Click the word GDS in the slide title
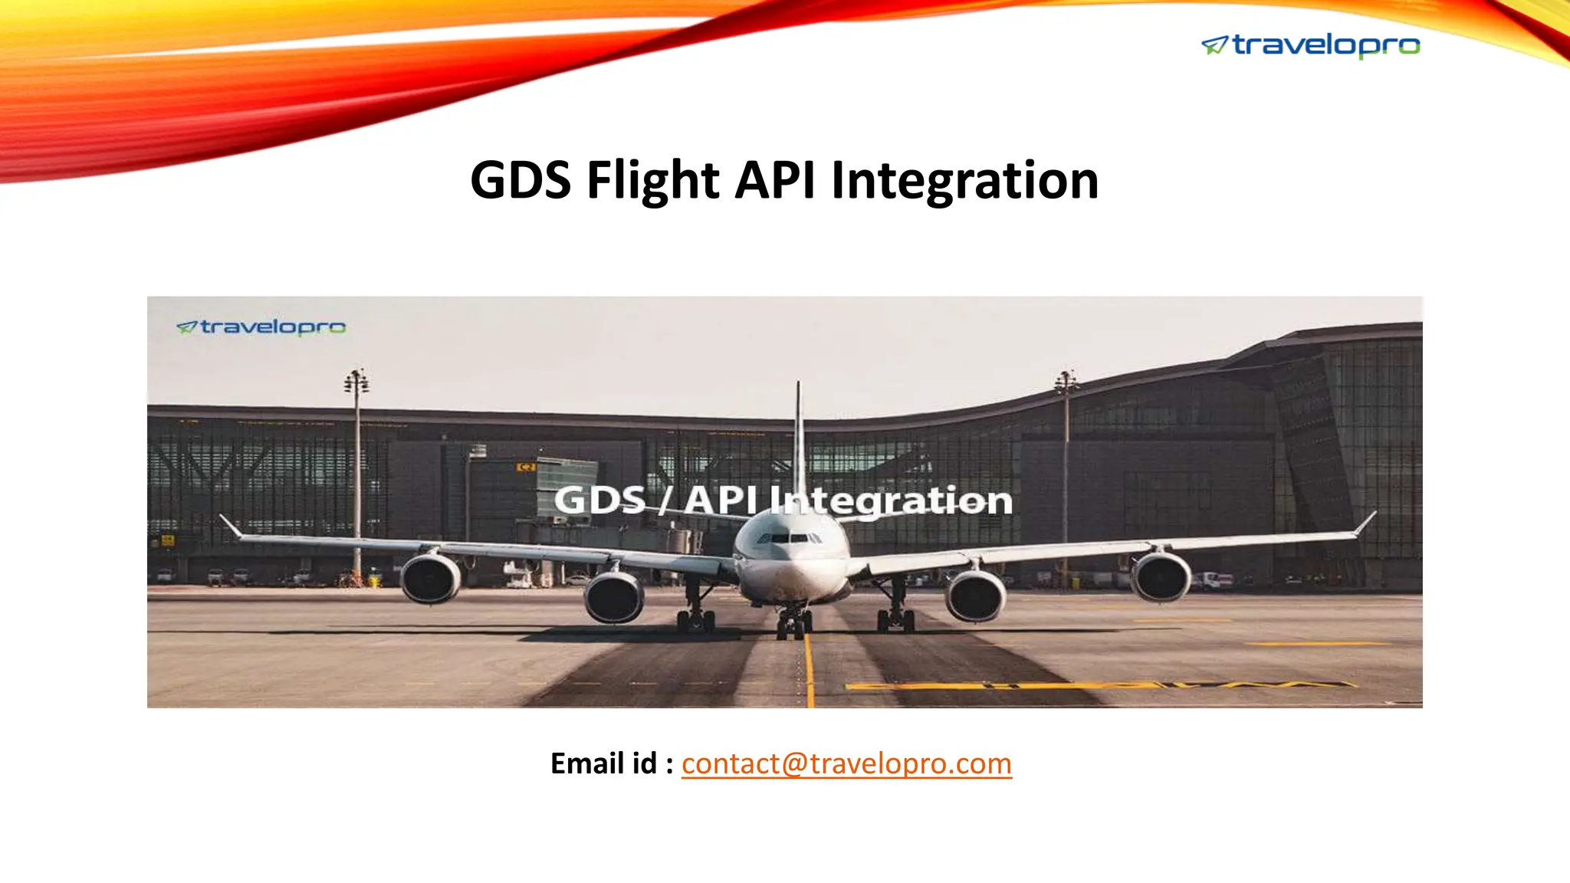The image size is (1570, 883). tap(521, 181)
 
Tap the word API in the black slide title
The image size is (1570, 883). tap(774, 181)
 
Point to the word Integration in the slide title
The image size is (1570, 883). tap(964, 181)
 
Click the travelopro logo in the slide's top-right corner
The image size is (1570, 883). tap(1311, 46)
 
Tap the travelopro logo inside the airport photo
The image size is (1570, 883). tap(261, 327)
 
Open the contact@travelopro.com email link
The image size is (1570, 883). tap(846, 763)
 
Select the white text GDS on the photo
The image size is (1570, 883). tap(599, 501)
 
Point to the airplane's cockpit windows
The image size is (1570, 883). tap(790, 538)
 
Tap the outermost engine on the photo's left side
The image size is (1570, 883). tap(431, 579)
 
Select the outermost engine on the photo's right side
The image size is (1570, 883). tap(1161, 576)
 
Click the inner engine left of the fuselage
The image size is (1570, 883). tap(614, 596)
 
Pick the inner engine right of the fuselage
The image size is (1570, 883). tap(975, 596)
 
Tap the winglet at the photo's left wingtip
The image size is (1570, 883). tap(229, 526)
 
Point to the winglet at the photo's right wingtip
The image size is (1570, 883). tap(1365, 523)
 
